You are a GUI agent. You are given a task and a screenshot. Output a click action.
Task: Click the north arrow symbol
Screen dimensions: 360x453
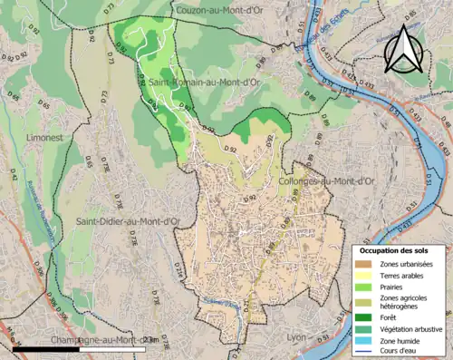pos(403,49)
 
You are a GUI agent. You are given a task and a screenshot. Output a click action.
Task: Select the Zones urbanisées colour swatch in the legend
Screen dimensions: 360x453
pos(365,264)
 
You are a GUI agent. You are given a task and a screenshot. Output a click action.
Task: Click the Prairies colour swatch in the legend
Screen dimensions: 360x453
pos(365,287)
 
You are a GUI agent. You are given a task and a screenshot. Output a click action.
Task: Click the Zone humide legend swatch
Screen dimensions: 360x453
pos(365,339)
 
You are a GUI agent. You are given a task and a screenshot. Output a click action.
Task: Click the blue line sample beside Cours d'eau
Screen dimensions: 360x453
pos(365,349)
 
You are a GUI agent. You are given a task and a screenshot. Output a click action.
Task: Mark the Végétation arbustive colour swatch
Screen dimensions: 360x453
pos(365,328)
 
